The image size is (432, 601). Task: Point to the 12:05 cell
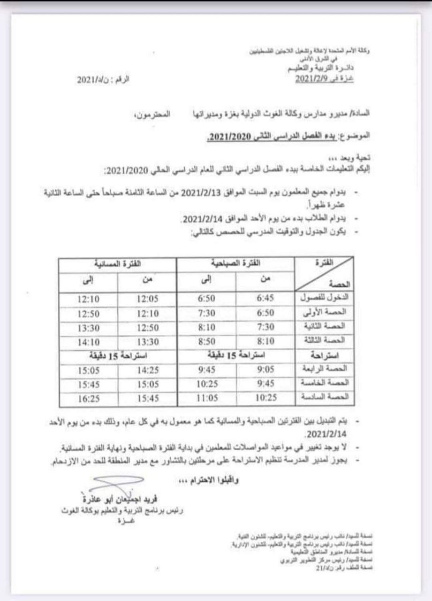click(x=147, y=298)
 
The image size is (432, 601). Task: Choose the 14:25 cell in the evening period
click(x=147, y=370)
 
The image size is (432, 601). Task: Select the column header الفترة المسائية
click(x=118, y=264)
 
